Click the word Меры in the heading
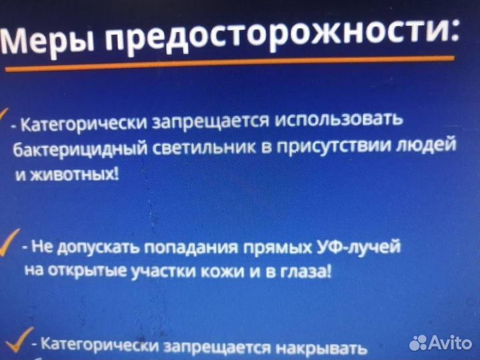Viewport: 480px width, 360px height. (49, 44)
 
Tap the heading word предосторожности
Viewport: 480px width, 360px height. (280, 37)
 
